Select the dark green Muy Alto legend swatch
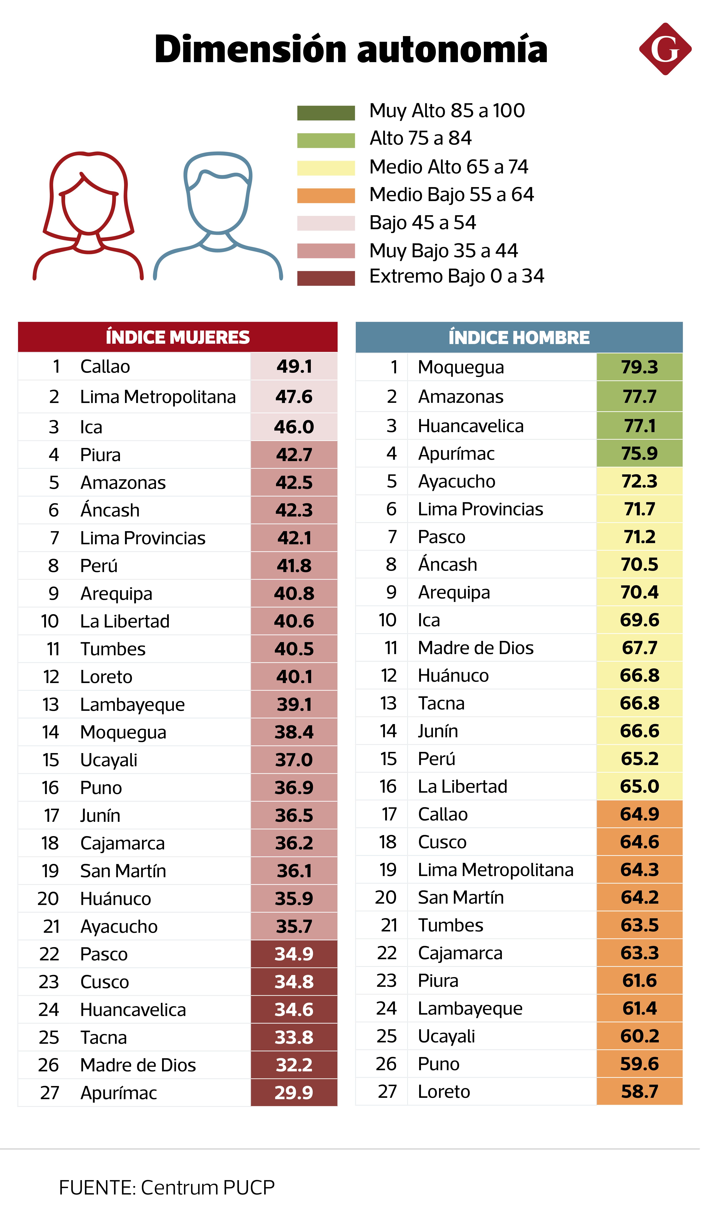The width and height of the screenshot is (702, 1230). click(326, 113)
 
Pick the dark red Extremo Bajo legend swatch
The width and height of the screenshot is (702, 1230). click(326, 278)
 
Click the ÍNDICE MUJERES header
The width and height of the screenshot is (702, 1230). click(177, 337)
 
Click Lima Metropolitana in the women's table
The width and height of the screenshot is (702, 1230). click(158, 397)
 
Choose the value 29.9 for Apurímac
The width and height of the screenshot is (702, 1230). click(294, 1092)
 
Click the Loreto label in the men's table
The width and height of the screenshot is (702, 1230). click(444, 1091)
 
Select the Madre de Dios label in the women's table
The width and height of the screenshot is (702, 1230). click(138, 1065)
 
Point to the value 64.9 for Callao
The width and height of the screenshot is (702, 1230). click(639, 814)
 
